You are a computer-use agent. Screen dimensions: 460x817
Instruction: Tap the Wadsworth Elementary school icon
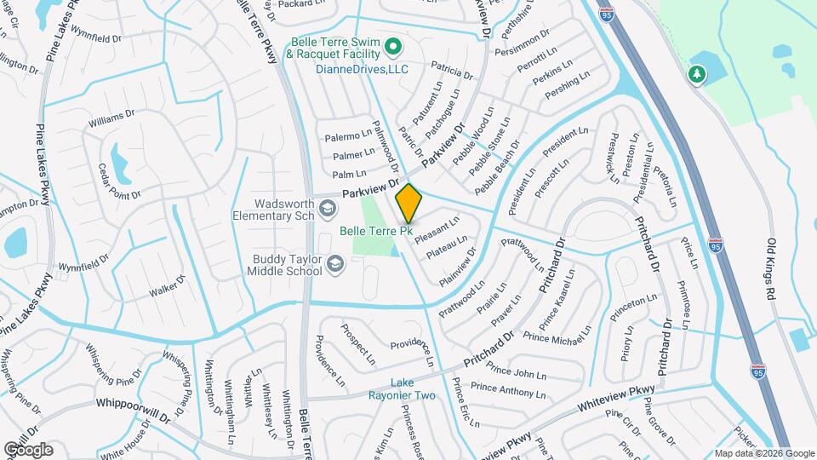coord(328,207)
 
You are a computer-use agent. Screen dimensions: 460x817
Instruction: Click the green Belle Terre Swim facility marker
coord(393,45)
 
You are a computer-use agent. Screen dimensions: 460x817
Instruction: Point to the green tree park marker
coord(697,75)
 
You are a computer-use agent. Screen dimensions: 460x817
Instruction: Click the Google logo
coord(28,449)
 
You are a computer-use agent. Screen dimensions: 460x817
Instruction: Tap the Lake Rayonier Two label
coord(402,388)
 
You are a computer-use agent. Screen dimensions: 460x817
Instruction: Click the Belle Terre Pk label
coord(376,231)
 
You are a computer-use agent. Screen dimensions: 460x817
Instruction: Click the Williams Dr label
coord(111,119)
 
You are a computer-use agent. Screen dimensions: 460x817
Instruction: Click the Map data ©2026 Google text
coord(763,453)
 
